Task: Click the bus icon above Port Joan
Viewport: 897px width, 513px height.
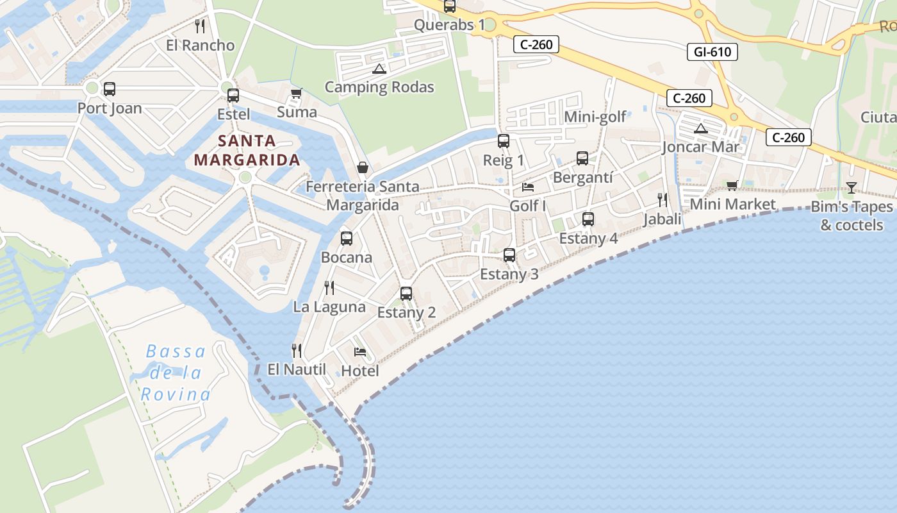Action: (110, 89)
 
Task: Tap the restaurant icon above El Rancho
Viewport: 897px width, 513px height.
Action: (200, 26)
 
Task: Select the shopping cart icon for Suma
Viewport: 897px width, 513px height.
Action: (296, 94)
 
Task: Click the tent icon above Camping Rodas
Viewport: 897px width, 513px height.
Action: (379, 69)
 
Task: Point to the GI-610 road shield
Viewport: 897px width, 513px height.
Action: (712, 52)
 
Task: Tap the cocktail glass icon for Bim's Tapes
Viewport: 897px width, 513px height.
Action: (851, 187)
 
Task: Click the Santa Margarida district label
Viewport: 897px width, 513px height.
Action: (247, 150)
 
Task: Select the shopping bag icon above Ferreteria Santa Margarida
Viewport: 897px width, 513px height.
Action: (363, 168)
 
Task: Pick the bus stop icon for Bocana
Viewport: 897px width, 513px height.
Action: (347, 239)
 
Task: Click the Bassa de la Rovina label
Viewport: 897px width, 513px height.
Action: (175, 373)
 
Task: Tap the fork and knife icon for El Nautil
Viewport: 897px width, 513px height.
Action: (297, 351)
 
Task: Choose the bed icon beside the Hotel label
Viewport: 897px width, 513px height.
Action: (360, 352)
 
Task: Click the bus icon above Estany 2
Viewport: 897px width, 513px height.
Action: (406, 294)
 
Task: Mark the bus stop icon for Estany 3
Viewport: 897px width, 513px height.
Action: (509, 255)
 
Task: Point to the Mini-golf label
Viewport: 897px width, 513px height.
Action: (595, 117)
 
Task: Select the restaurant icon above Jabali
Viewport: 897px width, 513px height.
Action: (662, 200)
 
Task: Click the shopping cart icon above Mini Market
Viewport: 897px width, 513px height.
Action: (732, 186)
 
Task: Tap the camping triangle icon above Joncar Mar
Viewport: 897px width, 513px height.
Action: (701, 128)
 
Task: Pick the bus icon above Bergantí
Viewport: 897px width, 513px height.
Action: (582, 158)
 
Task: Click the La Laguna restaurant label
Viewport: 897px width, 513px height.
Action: (329, 307)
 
